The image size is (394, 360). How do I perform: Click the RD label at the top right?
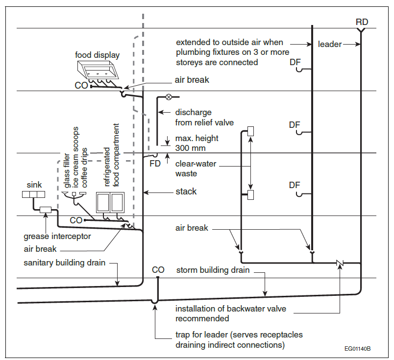tap(362, 22)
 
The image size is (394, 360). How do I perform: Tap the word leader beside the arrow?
tap(330, 44)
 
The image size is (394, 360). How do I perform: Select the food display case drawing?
tap(97, 70)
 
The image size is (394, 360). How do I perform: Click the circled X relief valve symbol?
tap(169, 97)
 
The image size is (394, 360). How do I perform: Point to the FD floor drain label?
tap(155, 164)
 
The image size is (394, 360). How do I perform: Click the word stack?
tap(186, 192)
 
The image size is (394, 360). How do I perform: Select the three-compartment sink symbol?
tap(33, 194)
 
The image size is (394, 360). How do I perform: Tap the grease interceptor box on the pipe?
tap(46, 210)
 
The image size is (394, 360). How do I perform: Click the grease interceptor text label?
tap(57, 237)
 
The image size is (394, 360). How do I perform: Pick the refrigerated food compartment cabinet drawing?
tap(110, 202)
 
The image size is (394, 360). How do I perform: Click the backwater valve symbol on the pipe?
tap(340, 263)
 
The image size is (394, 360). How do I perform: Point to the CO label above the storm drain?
tap(158, 270)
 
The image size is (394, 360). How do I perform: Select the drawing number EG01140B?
tap(358, 348)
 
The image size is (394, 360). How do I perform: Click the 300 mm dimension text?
tap(190, 148)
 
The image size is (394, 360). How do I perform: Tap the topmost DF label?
tap(295, 62)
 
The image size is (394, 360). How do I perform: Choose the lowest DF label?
tap(295, 185)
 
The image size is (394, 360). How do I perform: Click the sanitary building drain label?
tap(64, 263)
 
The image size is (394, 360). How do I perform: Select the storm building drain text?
tap(213, 270)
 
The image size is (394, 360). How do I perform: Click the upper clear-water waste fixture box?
tap(250, 131)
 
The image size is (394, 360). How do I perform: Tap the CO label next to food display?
tap(81, 85)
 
